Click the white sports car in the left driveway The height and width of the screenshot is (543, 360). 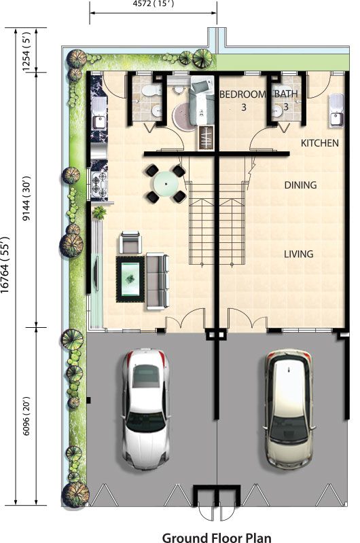(x=146, y=409)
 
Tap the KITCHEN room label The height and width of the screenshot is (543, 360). (x=319, y=143)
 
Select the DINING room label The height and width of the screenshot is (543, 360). (x=300, y=185)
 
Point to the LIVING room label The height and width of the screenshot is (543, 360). (x=299, y=254)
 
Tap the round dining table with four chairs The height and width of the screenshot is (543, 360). (x=166, y=183)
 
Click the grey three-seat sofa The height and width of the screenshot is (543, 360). (x=158, y=281)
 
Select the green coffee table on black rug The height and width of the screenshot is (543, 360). (x=130, y=279)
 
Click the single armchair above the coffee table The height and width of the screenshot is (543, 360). (x=130, y=242)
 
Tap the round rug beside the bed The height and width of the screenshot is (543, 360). (x=183, y=116)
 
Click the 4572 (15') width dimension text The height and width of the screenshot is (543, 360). (x=153, y=4)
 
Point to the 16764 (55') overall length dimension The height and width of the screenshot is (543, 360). (x=5, y=265)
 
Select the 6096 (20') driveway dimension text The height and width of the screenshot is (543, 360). (x=26, y=416)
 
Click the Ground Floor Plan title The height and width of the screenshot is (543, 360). (x=217, y=538)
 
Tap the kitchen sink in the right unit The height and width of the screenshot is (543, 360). (x=336, y=111)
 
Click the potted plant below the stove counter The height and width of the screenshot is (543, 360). (x=99, y=212)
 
